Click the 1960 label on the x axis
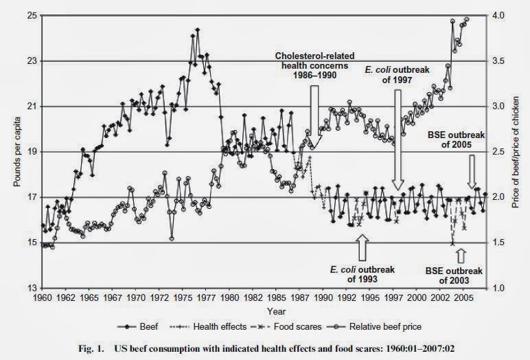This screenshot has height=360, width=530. pos(43,299)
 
